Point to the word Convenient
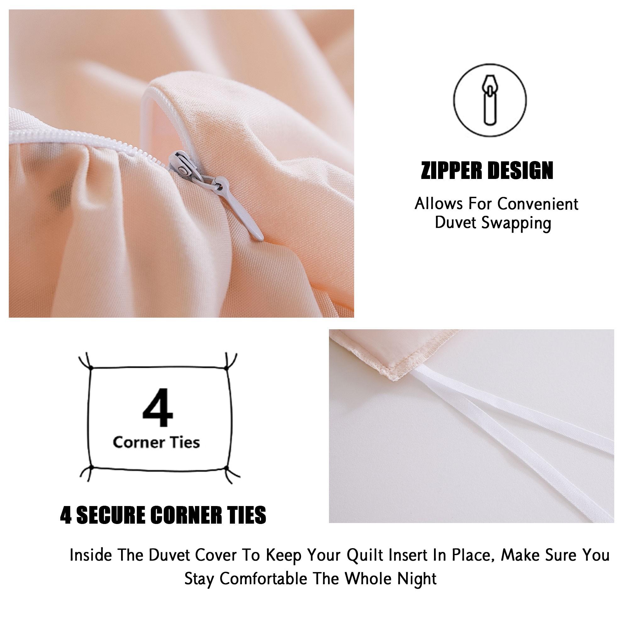pyautogui.click(x=538, y=204)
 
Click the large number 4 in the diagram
pyautogui.click(x=158, y=407)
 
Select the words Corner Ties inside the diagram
pyautogui.click(x=156, y=443)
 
